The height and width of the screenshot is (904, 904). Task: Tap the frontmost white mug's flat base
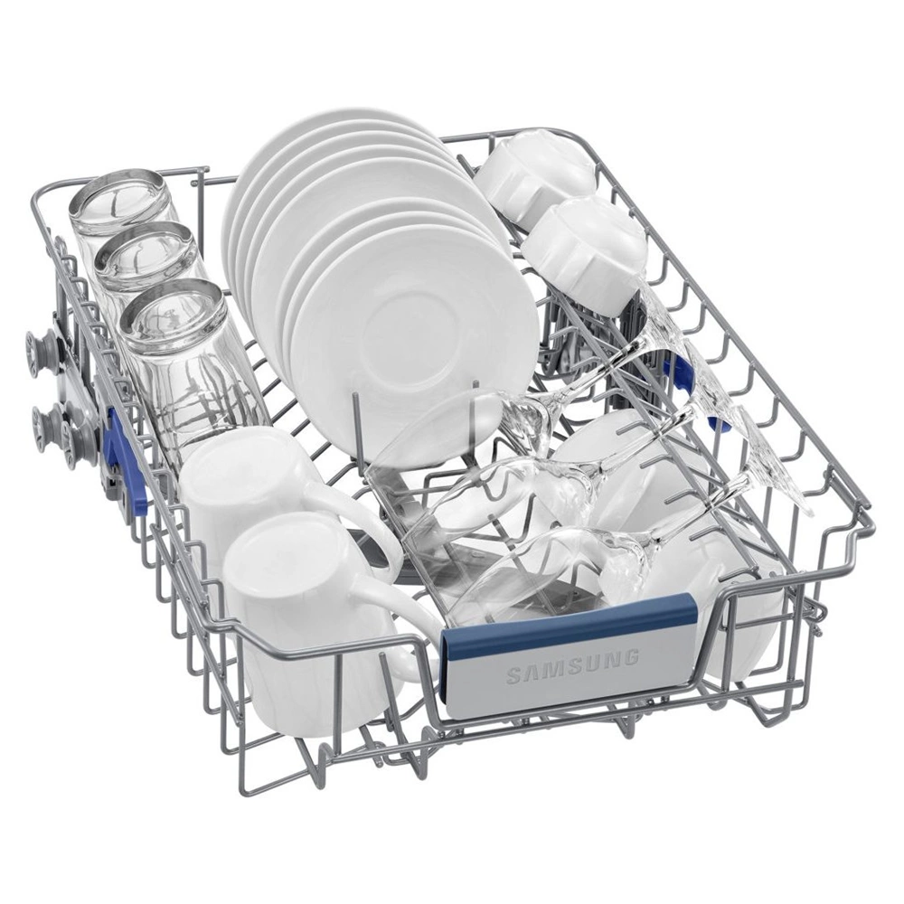[279, 556]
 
